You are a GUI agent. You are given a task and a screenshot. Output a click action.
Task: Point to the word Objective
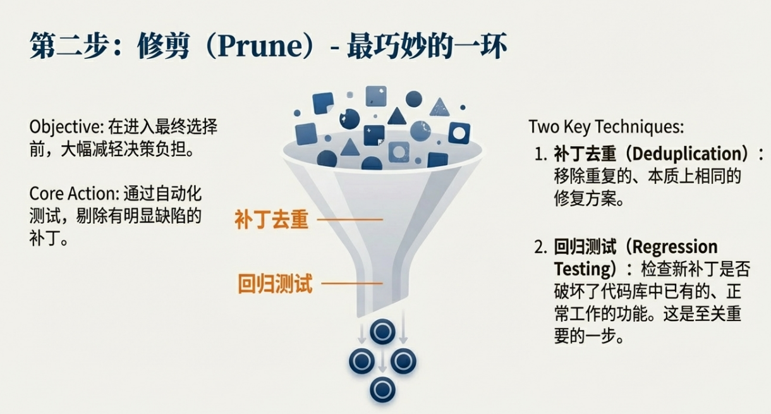60,126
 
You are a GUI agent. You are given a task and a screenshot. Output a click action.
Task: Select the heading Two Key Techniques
606,126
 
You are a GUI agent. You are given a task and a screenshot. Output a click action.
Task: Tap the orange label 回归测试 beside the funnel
275,283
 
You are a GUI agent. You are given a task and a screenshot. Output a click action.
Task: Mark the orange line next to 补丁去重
351,220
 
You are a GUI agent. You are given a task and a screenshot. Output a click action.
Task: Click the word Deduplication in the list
686,154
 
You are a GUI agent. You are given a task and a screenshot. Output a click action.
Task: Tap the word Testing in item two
581,269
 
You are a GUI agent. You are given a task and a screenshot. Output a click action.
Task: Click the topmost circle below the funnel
382,331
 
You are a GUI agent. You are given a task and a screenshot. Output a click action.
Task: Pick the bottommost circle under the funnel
382,388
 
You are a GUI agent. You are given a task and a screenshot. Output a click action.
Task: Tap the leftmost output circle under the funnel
362,360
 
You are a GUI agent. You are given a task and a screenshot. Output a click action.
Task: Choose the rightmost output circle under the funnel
403,360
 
